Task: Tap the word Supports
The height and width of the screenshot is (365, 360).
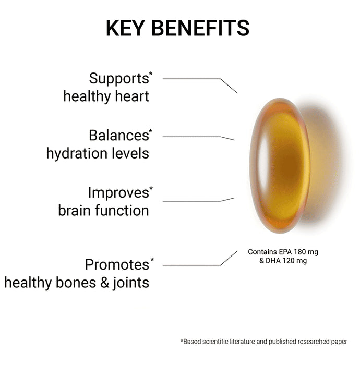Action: point(119,79)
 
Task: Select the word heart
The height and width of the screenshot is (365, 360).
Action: point(133,96)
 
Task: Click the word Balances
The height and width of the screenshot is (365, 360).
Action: point(118,136)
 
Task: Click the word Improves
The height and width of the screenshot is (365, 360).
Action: point(118,193)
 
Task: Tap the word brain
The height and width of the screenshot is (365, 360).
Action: point(75,211)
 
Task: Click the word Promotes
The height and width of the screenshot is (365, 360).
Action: point(117,265)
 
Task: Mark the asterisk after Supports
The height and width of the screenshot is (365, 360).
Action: point(151,74)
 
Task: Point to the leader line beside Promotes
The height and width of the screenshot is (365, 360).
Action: point(193,265)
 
